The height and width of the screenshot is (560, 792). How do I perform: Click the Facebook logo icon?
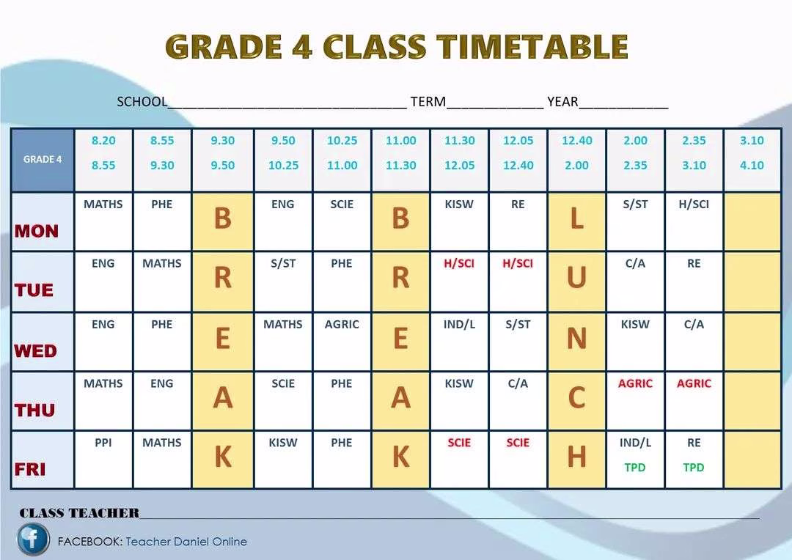point(33,539)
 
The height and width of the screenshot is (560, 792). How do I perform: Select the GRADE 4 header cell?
point(43,159)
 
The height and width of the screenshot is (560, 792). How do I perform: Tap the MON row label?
point(37,231)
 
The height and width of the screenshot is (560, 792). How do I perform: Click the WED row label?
point(35,351)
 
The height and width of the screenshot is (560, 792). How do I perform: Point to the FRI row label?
point(30,469)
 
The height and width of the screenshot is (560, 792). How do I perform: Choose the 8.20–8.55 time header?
point(103,152)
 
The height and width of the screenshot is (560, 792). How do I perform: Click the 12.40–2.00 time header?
point(576,152)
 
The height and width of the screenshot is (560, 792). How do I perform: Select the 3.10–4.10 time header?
point(752,152)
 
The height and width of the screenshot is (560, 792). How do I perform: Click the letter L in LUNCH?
point(576,218)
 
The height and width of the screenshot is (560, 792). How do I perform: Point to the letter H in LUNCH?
point(576,457)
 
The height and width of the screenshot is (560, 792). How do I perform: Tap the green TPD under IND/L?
point(635,467)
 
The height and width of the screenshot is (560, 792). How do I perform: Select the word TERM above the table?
point(428,102)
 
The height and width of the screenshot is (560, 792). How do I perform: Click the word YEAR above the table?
point(562,102)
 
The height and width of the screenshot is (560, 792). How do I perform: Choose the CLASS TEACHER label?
point(79,513)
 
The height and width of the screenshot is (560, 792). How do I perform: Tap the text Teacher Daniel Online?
point(186,542)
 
